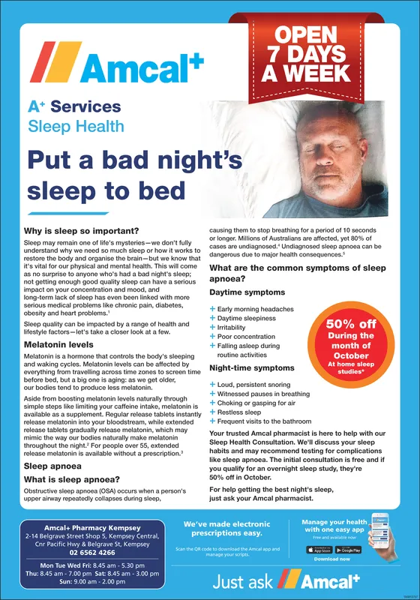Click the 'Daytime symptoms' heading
pos(247,292)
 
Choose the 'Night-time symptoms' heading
pos(252,368)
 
